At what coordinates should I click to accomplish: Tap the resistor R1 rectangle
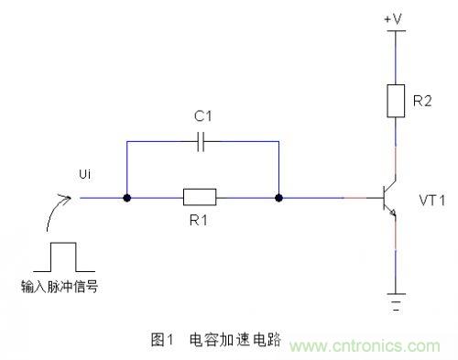pos(199,197)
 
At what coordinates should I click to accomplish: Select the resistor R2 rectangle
pos(395,100)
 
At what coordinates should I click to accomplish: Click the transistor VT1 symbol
pos(388,197)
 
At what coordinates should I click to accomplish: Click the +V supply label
pos(395,17)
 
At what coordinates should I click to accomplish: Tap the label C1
pos(203,116)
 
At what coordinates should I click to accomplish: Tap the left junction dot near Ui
pos(125,197)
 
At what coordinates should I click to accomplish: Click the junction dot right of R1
pos(278,197)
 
